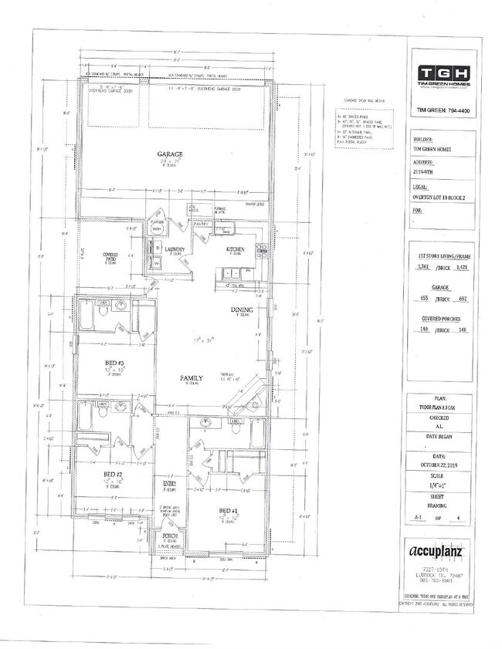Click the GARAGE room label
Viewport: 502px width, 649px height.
click(x=169, y=154)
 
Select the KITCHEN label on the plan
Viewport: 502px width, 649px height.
click(x=235, y=249)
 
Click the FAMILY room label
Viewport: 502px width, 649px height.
click(x=192, y=378)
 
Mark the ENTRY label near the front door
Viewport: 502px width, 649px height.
click(x=169, y=485)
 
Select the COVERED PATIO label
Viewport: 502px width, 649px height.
click(x=114, y=255)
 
